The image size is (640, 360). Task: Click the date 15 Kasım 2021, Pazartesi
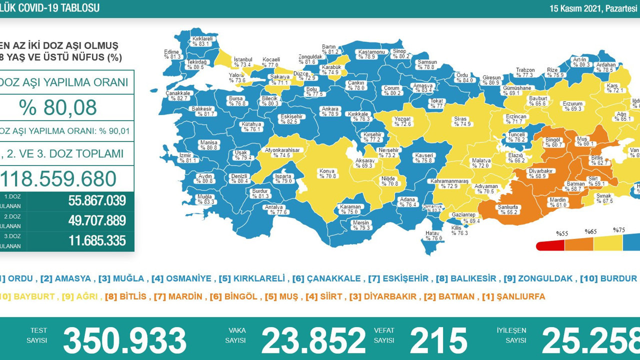tap(594, 8)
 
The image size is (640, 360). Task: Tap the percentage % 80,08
tap(57, 107)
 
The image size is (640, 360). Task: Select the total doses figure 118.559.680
tap(59, 178)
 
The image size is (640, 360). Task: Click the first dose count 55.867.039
tap(97, 201)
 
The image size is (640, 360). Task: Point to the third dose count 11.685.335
tap(97, 241)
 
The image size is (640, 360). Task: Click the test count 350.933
tap(124, 341)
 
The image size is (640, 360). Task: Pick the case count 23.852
tap(313, 341)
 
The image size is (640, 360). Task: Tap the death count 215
tap(438, 341)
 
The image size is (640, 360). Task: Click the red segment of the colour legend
tap(550, 245)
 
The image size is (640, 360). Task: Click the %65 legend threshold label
tap(591, 232)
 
